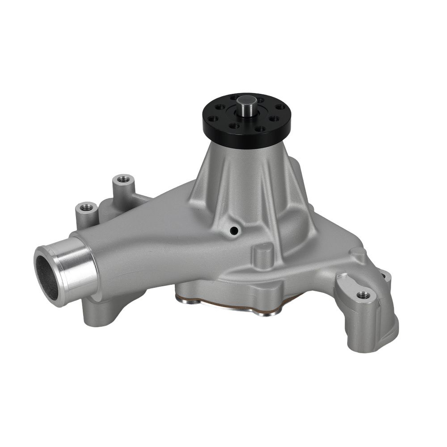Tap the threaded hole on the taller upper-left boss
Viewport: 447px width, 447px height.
pos(122,180)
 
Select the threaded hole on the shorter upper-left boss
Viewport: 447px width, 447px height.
pos(86,207)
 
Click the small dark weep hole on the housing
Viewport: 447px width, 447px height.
pos(233,231)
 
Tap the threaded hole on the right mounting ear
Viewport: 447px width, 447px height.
pos(363,295)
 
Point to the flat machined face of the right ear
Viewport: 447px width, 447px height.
pos(351,286)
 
